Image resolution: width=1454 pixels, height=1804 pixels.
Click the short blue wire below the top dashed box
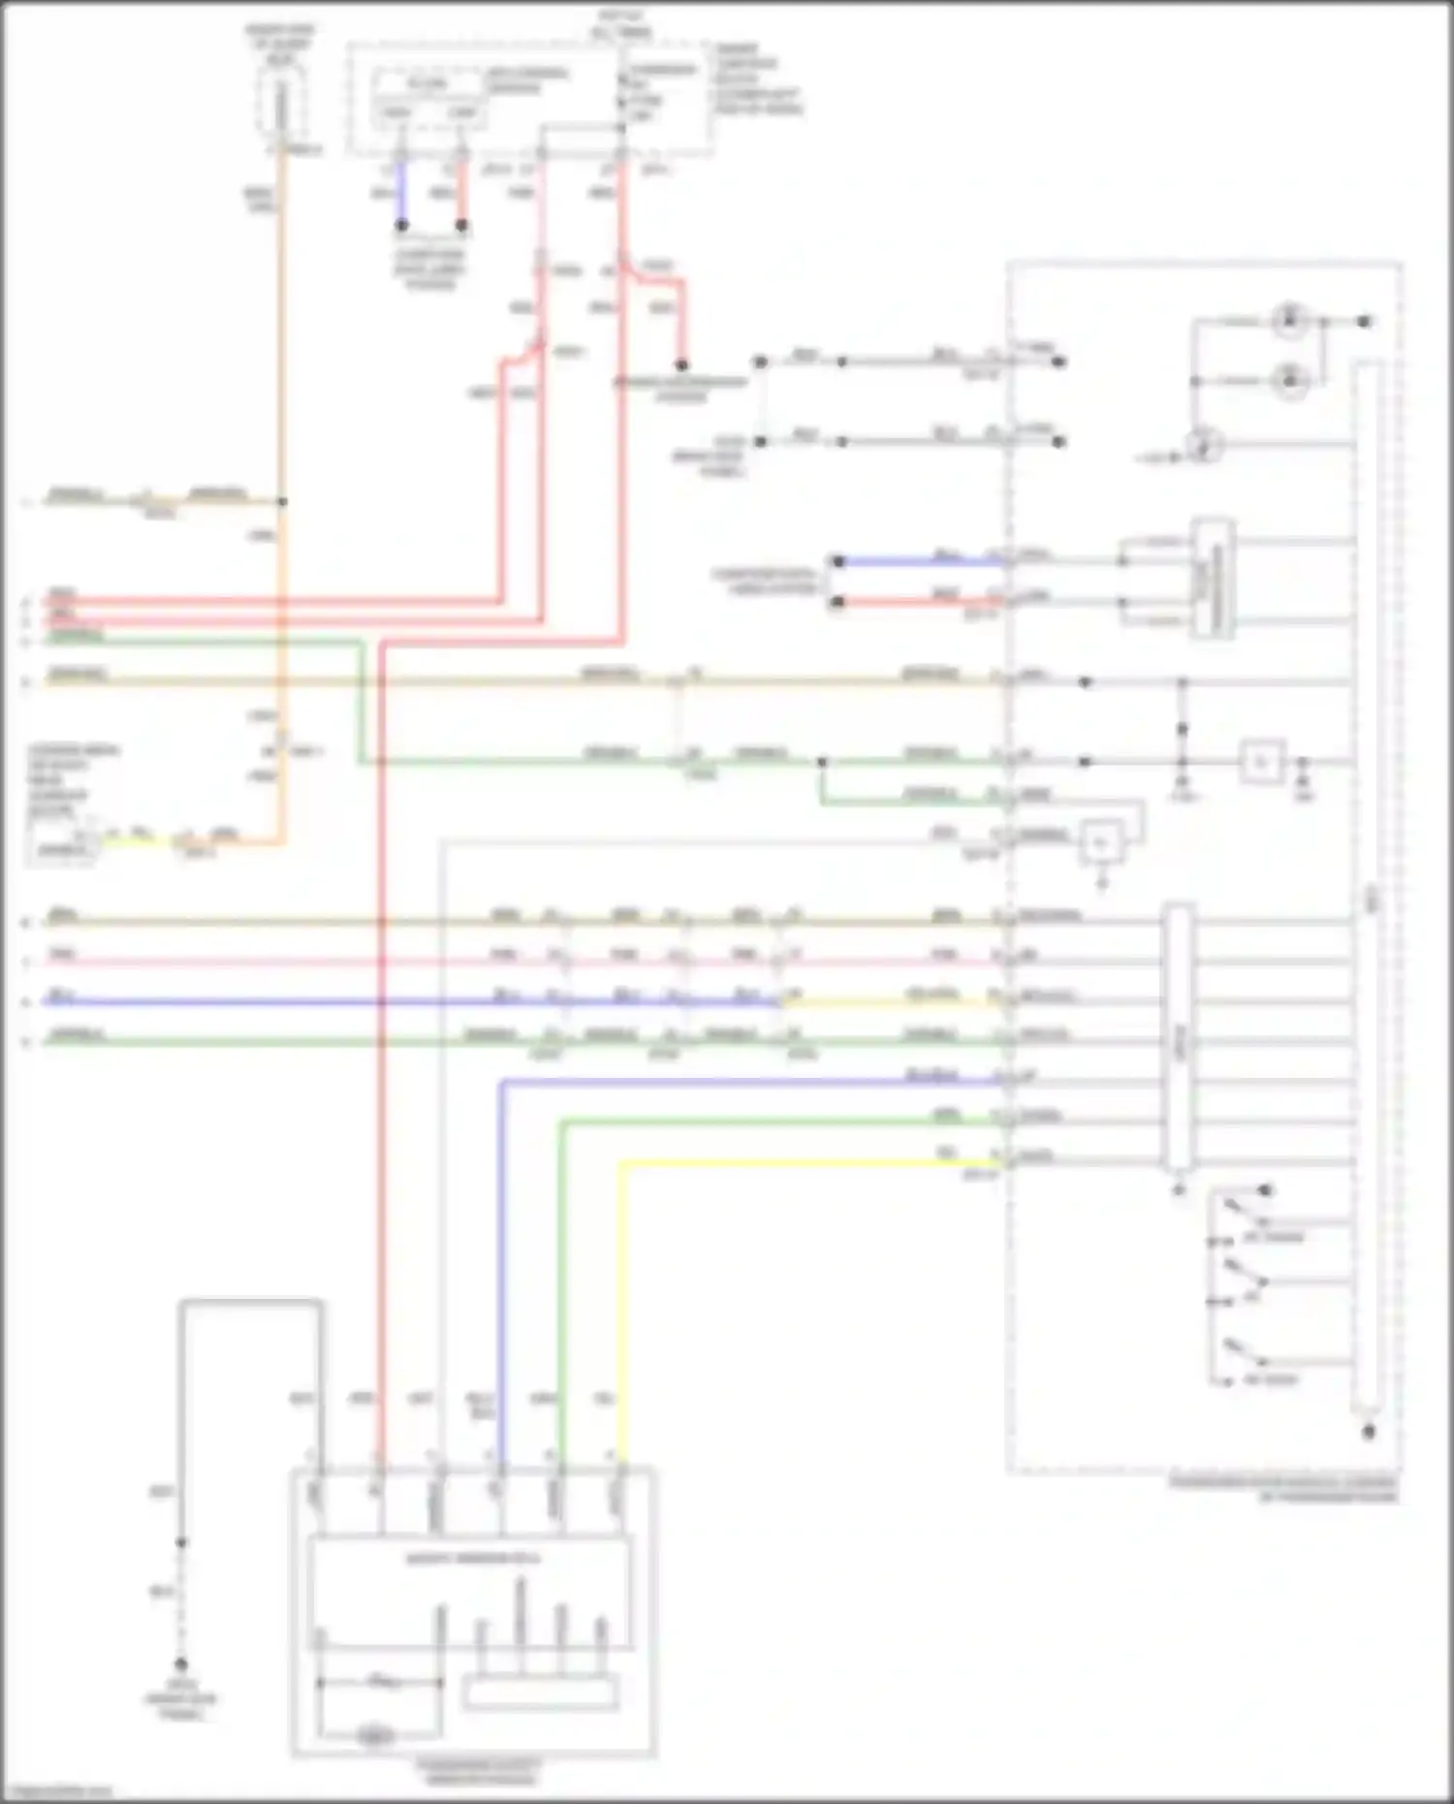point(401,194)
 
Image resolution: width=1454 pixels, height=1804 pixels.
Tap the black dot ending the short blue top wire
point(401,225)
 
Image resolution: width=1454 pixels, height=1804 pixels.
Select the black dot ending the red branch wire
point(681,365)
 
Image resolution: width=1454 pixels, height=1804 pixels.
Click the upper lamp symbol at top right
point(1289,320)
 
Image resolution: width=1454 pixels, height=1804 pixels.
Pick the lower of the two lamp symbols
point(1289,381)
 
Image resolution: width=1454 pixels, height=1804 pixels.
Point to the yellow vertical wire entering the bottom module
point(620,1309)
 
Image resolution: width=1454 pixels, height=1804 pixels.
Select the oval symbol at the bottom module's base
point(375,1735)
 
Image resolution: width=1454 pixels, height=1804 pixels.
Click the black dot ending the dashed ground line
point(180,1664)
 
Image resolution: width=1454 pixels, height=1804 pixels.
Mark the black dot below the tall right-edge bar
point(1368,1432)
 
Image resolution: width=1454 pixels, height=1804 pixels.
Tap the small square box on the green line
point(1262,763)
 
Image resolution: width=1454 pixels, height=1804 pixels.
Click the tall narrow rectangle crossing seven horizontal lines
point(1178,1037)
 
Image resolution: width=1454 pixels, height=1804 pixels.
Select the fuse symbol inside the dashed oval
point(281,107)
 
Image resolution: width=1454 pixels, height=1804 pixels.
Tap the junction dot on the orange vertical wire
point(282,501)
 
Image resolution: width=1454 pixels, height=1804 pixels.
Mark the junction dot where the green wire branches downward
point(821,763)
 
